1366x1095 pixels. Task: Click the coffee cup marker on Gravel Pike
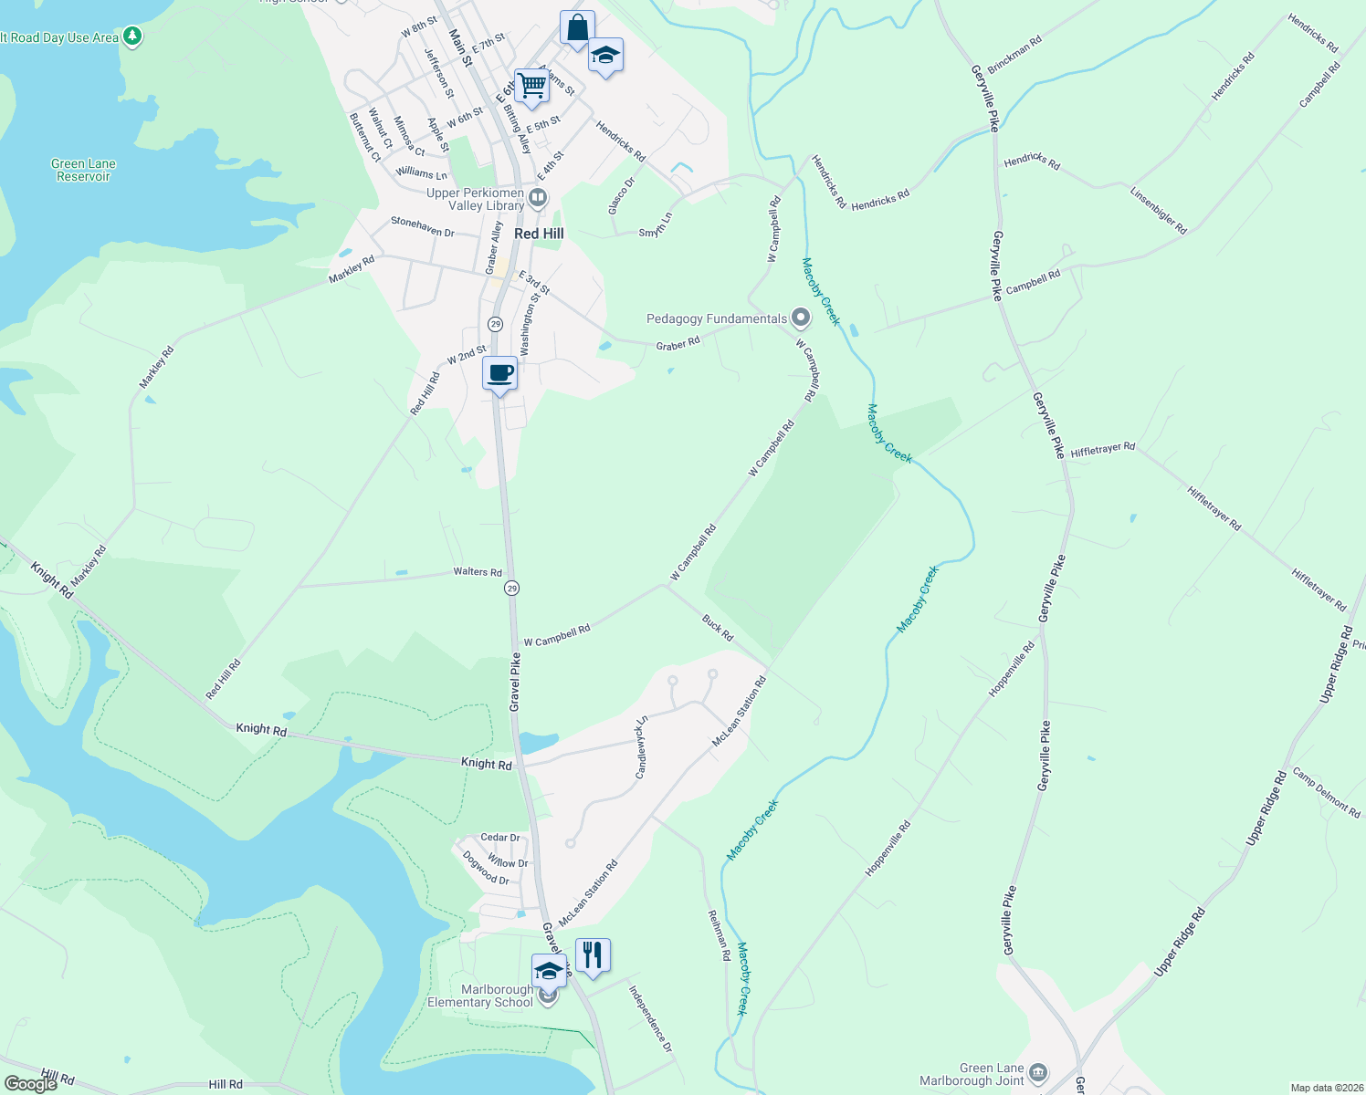point(500,374)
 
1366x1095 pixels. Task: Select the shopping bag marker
point(577,28)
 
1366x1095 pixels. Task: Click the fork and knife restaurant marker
point(593,955)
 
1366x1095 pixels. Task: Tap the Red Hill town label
point(539,234)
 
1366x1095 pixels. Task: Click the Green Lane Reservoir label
point(83,170)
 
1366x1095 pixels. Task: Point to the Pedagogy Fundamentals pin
point(801,318)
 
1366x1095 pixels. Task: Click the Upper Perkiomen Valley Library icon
point(538,197)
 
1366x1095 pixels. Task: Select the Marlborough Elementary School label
point(480,996)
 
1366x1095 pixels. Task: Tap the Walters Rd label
point(478,572)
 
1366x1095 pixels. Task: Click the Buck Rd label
point(718,628)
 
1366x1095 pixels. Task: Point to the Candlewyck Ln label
point(641,747)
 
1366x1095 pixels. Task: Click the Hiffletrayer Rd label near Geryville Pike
point(1102,450)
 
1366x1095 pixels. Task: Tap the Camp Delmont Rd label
point(1326,794)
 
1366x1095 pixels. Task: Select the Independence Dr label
point(650,1017)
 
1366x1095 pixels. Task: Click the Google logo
point(30,1084)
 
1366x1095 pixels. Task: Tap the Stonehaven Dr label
point(422,226)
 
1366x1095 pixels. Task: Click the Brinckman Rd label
point(1014,55)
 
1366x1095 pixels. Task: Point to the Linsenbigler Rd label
point(1158,211)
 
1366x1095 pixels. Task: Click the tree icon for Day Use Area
point(132,36)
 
